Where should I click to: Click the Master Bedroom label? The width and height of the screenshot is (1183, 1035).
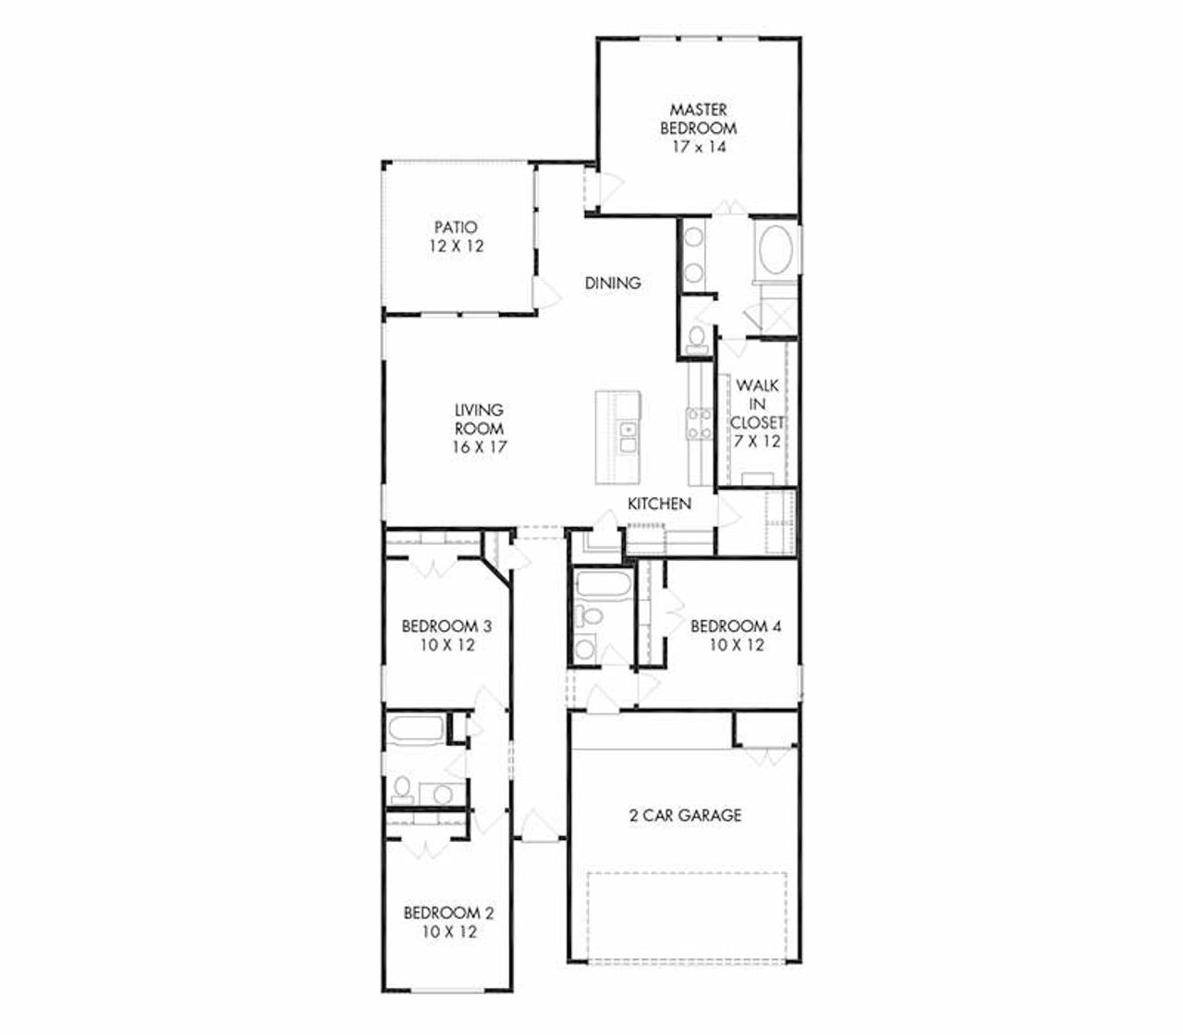pos(699,119)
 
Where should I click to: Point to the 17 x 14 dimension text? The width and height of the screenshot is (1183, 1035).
pos(699,147)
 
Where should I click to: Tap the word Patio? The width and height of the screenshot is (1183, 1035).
pos(456,227)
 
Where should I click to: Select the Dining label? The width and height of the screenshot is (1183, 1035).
pos(613,283)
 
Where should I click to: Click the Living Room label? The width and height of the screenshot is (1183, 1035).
pos(479,419)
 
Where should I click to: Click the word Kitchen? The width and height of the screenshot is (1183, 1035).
pos(659,504)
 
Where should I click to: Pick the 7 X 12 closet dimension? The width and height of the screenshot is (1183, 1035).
pos(757,442)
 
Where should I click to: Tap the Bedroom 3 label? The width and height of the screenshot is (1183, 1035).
pos(446,627)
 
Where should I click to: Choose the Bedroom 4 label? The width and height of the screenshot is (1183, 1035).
pos(737,627)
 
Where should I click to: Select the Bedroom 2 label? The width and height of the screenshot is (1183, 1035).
pos(448,913)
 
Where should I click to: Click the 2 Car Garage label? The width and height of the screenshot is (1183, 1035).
pos(685,815)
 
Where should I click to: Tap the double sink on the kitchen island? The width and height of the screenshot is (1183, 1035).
pos(628,437)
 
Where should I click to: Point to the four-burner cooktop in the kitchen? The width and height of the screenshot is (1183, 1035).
pos(698,423)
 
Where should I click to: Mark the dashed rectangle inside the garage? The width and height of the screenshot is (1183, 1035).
pos(687,915)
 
